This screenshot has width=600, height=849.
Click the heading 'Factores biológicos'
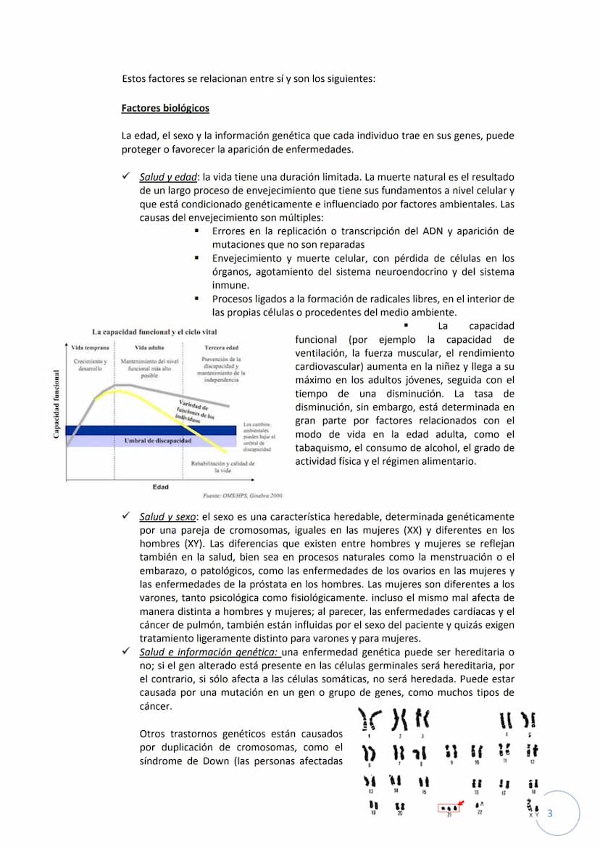165,108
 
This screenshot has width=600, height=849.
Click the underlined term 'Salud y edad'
168,177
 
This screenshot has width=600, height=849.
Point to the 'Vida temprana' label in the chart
91,348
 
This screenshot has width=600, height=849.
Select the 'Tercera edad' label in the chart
222,348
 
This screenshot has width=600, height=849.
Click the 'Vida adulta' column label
151,348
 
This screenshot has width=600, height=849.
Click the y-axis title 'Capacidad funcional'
57,405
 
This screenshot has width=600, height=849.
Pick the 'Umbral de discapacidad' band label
157,440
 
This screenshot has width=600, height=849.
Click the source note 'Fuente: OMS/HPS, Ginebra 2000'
241,496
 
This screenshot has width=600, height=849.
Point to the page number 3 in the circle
550,813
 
